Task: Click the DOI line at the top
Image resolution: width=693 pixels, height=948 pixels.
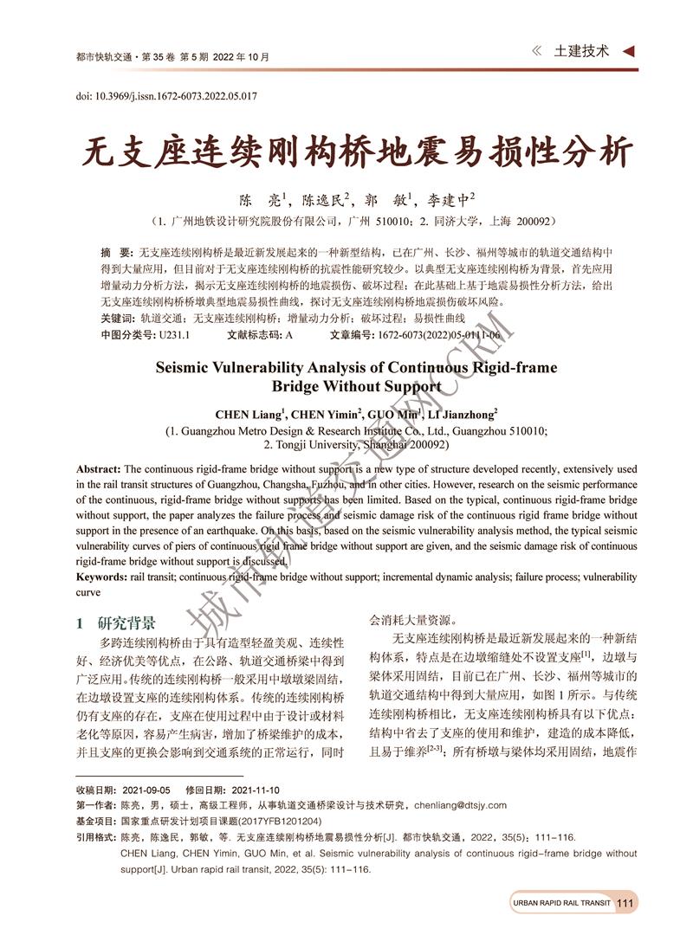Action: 167,96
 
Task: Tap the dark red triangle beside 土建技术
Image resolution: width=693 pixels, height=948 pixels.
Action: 628,52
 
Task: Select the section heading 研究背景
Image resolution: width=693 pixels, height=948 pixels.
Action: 126,623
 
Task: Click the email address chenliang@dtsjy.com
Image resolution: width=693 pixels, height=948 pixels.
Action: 459,805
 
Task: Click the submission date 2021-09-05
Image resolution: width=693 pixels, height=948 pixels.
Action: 146,790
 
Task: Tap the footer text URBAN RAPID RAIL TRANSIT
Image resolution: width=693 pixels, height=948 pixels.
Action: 561,903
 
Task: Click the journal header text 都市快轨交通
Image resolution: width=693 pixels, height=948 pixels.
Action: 101,57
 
